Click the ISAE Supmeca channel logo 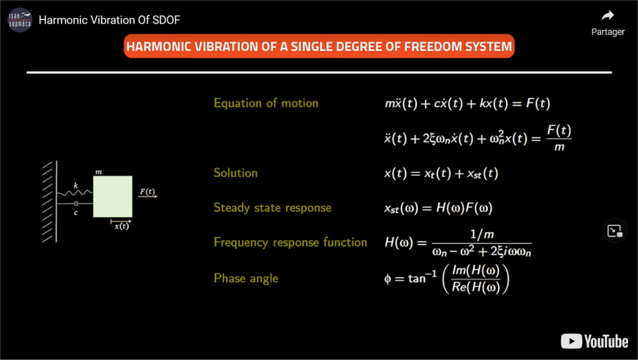click(20, 20)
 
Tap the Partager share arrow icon click(607, 16)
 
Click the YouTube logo click(594, 341)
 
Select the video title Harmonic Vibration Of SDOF click(110, 20)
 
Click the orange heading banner click(319, 46)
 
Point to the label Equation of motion click(266, 103)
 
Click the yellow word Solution click(236, 173)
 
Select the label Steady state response click(273, 208)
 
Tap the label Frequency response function click(290, 242)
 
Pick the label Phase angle click(246, 278)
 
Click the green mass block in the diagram click(113, 196)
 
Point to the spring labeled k click(75, 193)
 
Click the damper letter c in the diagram click(75, 213)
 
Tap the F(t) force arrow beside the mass click(148, 196)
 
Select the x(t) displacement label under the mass click(121, 226)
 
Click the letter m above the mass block click(98, 172)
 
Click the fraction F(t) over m click(559, 138)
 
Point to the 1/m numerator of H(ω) click(482, 234)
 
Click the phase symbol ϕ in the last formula click(388, 279)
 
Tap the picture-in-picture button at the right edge click(614, 230)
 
